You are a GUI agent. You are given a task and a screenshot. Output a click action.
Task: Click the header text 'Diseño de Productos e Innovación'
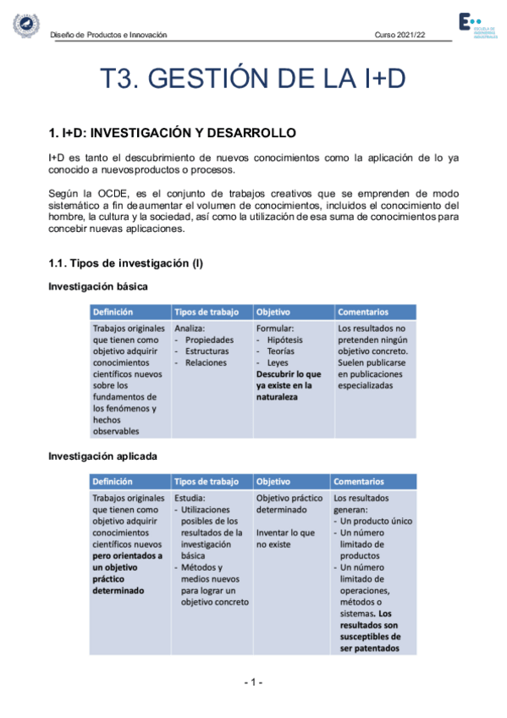click(108, 35)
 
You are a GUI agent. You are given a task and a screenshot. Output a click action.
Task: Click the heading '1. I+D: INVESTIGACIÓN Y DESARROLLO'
click(172, 133)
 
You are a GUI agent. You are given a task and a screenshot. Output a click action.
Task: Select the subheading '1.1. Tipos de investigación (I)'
click(125, 263)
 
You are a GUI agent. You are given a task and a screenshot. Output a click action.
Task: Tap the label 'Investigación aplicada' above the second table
click(102, 456)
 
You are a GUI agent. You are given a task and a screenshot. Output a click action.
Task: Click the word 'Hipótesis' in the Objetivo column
click(284, 340)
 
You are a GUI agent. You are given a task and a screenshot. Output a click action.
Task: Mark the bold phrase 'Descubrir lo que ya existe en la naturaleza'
click(289, 384)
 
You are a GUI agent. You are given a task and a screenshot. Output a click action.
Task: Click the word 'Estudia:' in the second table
click(192, 499)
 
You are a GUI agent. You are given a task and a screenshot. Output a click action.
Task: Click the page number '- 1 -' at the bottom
click(254, 682)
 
